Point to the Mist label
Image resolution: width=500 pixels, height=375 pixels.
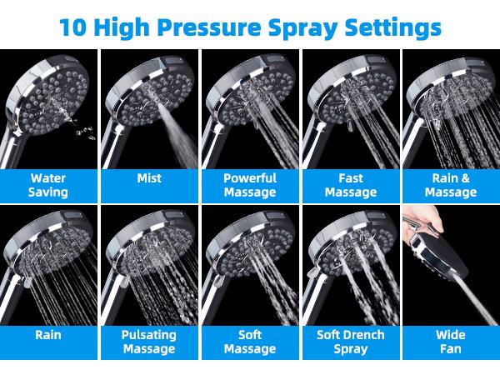(x=149, y=178)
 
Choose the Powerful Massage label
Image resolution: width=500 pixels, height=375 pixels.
(x=250, y=185)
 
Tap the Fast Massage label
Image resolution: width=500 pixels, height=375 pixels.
(x=350, y=185)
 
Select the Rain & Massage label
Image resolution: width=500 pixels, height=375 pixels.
(x=450, y=185)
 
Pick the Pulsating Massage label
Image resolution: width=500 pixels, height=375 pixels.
(x=149, y=342)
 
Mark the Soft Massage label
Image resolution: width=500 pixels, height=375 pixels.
(x=250, y=342)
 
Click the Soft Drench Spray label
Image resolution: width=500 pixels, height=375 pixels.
(x=350, y=342)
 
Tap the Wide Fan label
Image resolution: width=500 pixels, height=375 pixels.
(x=450, y=342)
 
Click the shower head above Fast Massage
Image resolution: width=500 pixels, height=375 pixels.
(x=346, y=92)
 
